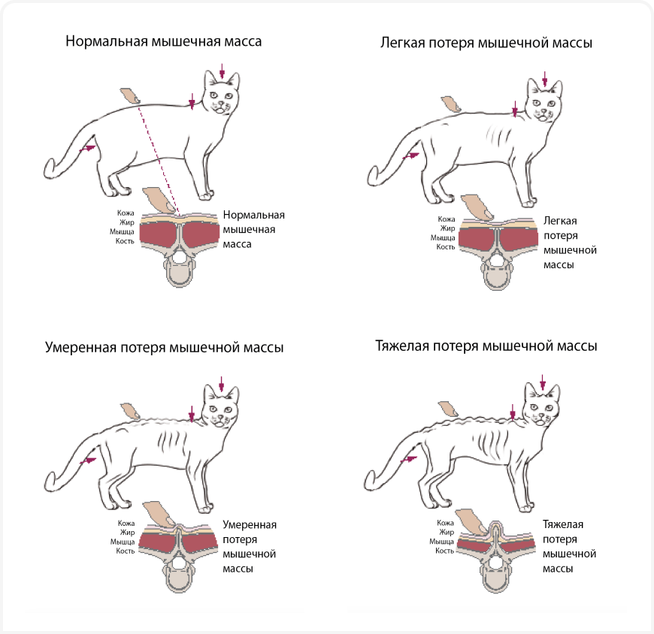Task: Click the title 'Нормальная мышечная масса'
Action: tap(163, 41)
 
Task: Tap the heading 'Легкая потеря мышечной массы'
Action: tap(486, 43)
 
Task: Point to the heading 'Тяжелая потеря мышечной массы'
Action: tap(486, 346)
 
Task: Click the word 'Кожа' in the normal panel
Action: tap(126, 213)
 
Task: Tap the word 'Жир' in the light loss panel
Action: tap(447, 228)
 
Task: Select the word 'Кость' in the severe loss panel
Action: tap(444, 551)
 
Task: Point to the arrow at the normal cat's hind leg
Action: tap(89, 149)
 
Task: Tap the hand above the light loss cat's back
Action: tap(453, 104)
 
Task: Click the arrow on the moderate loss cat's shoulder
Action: tap(192, 413)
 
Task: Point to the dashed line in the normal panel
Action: tap(158, 158)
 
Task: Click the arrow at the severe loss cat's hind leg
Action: tap(411, 457)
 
